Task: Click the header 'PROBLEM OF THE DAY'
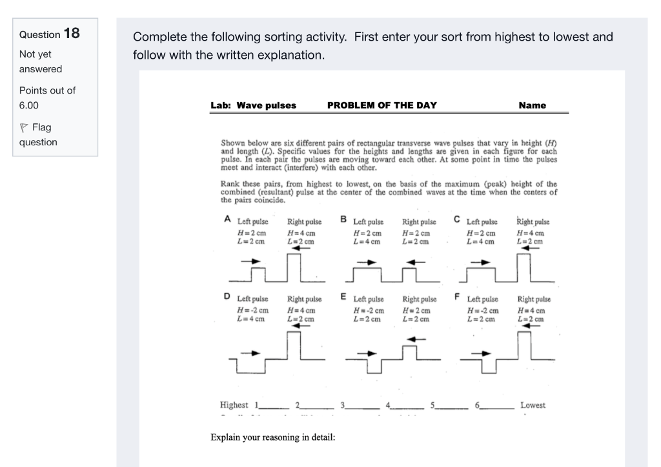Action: coord(381,105)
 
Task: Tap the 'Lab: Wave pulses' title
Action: coord(253,105)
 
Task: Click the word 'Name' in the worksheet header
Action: coord(531,105)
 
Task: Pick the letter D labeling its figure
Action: coord(227,296)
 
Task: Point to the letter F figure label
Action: coord(457,296)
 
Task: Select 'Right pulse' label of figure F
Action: coord(534,300)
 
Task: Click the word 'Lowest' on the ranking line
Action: coord(533,405)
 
